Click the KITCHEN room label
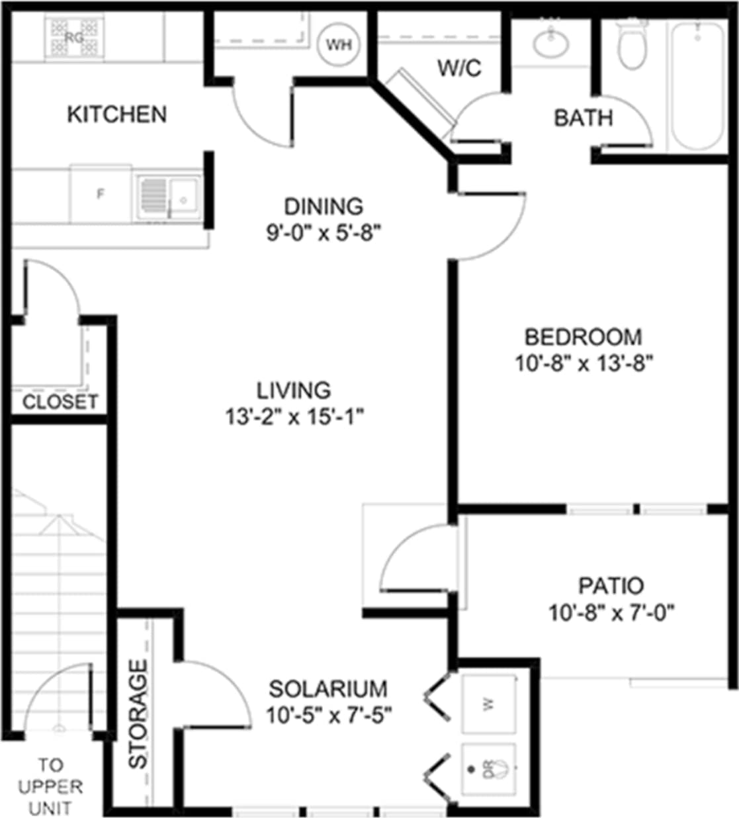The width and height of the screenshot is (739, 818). (x=116, y=114)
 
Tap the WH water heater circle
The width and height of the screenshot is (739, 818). (x=339, y=45)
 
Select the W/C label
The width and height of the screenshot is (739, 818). (x=459, y=68)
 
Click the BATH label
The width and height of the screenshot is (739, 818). (x=583, y=118)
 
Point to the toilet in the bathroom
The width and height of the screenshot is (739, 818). (x=632, y=46)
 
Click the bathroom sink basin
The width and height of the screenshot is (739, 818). (x=551, y=44)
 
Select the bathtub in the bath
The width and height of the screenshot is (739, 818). (x=697, y=85)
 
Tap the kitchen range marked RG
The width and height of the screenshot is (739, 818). (x=74, y=38)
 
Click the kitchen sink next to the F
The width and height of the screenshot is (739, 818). (x=168, y=197)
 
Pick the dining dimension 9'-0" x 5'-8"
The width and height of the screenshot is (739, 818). (x=324, y=234)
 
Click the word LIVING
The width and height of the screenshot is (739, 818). (x=294, y=390)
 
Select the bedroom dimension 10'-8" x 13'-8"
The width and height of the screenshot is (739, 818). (x=584, y=363)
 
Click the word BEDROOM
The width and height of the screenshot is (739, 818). (x=583, y=337)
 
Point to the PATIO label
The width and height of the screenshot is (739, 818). (x=611, y=586)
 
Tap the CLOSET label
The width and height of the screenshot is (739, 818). (x=60, y=402)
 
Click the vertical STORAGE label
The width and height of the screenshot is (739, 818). (x=138, y=715)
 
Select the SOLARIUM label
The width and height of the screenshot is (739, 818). (x=328, y=689)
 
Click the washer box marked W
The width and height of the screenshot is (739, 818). (x=489, y=704)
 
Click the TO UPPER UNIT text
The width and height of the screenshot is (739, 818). (x=50, y=787)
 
